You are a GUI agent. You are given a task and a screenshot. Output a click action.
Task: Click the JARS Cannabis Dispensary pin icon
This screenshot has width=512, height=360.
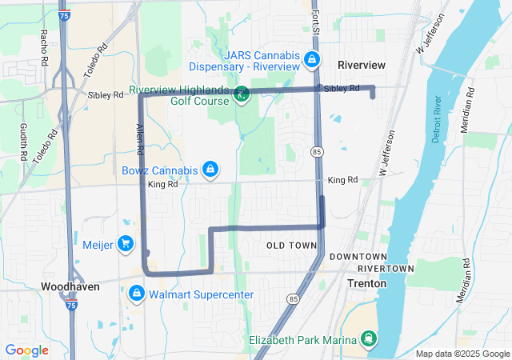pos(312,59)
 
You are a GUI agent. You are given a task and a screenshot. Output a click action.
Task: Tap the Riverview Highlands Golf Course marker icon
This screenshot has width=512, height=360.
pos(240,96)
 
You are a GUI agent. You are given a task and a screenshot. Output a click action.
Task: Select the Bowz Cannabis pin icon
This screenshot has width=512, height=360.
pos(210,170)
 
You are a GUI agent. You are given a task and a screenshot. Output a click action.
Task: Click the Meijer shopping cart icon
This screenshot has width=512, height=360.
pos(125,243)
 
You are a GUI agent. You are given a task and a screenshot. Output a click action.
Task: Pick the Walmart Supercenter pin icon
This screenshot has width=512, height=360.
pos(136,294)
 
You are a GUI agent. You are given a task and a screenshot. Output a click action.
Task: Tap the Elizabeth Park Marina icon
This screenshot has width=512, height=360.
pos(369,340)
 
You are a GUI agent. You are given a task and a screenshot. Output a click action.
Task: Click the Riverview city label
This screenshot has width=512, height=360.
pos(361,64)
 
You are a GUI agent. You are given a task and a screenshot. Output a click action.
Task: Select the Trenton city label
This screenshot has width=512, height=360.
pos(367,283)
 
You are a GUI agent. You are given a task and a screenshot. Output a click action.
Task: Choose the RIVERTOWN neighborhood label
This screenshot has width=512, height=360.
pos(386,268)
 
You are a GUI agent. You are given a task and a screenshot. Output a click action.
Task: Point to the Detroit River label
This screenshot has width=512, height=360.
pos(437,121)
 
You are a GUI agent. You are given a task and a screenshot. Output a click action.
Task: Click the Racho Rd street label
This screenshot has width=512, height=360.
pos(45,47)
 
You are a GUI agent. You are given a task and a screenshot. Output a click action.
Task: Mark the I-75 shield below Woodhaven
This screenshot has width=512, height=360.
pos(72,305)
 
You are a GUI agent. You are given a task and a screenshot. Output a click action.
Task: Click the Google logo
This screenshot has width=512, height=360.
pos(27,350)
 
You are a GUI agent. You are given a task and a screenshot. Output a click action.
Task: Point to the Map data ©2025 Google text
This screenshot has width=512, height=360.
pos(462,354)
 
